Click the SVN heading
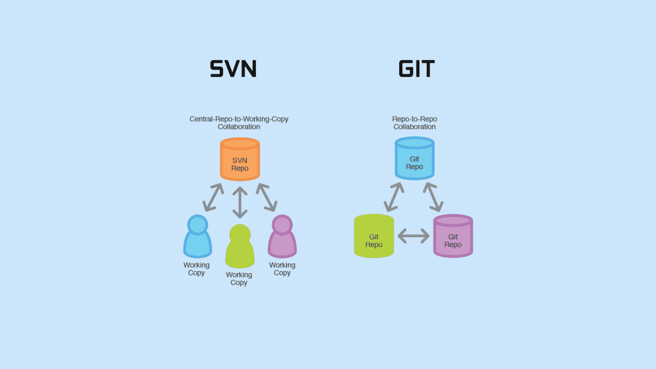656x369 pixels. click(x=233, y=68)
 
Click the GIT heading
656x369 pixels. click(x=417, y=68)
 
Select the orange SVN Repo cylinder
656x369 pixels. click(x=239, y=159)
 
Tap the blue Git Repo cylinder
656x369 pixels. click(x=414, y=158)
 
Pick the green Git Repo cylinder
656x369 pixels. click(x=374, y=236)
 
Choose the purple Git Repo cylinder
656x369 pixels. click(x=453, y=236)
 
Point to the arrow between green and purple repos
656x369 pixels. click(x=414, y=236)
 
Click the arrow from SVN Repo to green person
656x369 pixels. click(x=239, y=201)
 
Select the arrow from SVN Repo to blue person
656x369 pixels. click(x=213, y=197)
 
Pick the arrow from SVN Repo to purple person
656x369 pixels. click(x=267, y=197)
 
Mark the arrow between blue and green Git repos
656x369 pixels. click(x=394, y=197)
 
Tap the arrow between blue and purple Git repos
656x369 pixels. click(x=433, y=197)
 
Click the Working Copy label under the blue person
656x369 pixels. click(x=196, y=269)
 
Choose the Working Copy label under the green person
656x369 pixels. click(x=239, y=279)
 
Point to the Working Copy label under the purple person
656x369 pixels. click(x=282, y=269)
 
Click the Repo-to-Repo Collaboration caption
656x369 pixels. click(x=414, y=123)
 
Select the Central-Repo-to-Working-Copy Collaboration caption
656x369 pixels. click(x=239, y=123)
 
